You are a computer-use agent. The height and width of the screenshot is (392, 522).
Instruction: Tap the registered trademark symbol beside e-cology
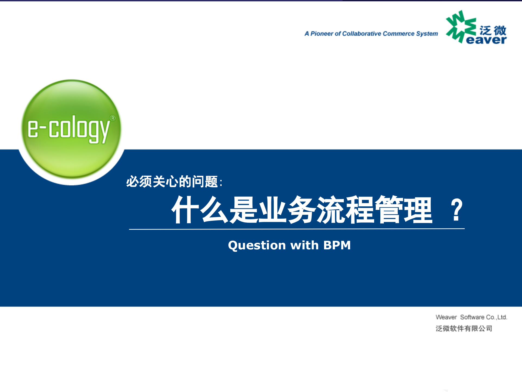tap(113, 118)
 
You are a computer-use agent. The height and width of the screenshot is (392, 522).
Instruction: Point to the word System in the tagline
tap(427, 34)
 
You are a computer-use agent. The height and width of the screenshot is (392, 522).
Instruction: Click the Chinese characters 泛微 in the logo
tap(493, 30)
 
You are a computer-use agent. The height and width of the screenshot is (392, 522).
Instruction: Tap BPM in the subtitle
tap(337, 245)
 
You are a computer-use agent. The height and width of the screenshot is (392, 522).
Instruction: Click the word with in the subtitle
tap(304, 245)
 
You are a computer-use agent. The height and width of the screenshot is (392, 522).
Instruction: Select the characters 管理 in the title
tap(404, 210)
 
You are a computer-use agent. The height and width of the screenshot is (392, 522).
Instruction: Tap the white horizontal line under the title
tap(296, 229)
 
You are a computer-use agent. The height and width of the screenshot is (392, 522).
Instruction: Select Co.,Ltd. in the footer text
tap(497, 317)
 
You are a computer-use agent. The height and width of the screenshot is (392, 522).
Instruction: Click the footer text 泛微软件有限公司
tap(464, 329)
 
